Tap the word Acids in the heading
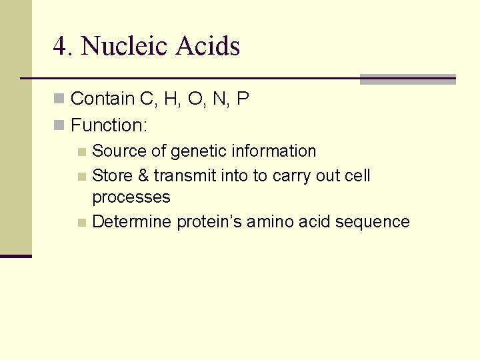tap(208, 46)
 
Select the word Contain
tap(102, 99)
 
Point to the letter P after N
tap(243, 99)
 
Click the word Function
tap(109, 125)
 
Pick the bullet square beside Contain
tap(59, 99)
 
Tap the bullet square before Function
tap(59, 125)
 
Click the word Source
tap(117, 151)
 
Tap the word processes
tap(131, 198)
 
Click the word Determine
tap(132, 222)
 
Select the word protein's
tap(209, 222)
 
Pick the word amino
tap(269, 222)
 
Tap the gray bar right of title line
tap(407, 79)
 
